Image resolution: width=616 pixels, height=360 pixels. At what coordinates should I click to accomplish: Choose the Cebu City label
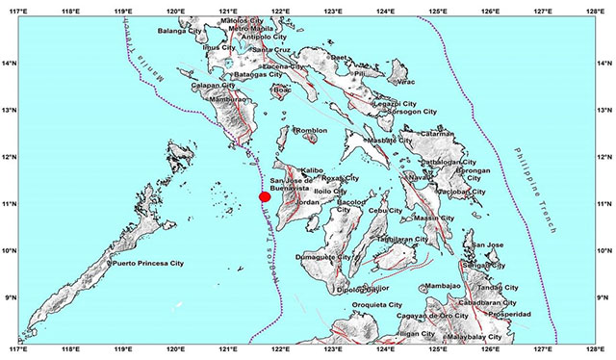385,210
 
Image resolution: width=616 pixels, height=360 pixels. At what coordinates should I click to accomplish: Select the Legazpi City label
394,103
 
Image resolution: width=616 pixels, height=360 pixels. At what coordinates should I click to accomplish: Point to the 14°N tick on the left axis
8,64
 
